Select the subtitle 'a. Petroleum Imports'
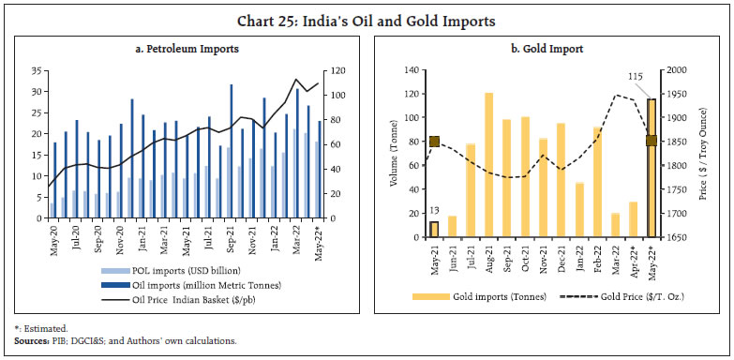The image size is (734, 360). (x=184, y=47)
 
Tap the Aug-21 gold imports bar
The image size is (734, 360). (x=488, y=165)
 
